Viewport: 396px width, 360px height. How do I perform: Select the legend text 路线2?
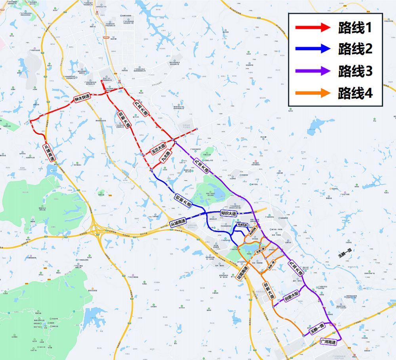pyautogui.click(x=355, y=49)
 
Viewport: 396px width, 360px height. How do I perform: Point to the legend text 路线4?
pyautogui.click(x=355, y=93)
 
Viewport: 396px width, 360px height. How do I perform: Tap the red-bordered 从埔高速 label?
pyautogui.click(x=49, y=152)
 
